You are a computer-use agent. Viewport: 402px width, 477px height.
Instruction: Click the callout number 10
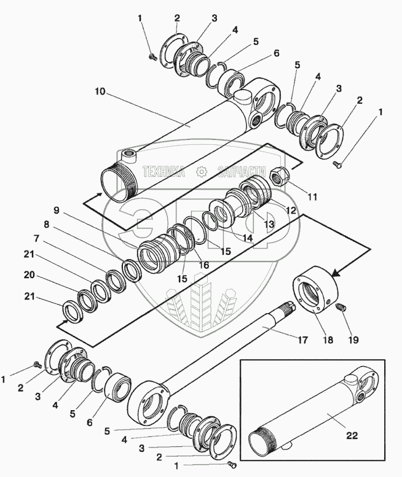pos(101,91)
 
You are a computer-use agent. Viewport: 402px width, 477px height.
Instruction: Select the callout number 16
pos(203,265)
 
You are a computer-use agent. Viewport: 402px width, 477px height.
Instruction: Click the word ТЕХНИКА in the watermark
pos(163,173)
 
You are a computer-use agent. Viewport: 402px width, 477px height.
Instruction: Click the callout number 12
pos(291,211)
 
